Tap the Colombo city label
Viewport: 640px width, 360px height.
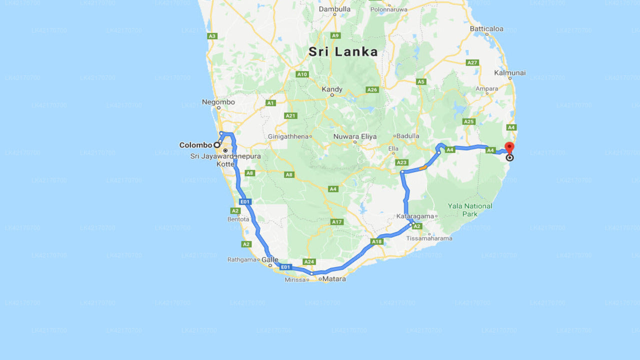[x=195, y=145]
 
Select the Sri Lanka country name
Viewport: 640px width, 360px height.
[x=343, y=51]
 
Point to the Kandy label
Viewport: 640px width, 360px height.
[x=332, y=89]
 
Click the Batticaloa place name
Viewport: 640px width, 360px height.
[x=486, y=28]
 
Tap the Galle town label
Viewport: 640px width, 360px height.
[x=269, y=259]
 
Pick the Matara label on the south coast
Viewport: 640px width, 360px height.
[x=334, y=278]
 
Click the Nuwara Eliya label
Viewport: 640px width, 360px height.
[x=355, y=136]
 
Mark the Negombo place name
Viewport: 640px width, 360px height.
[x=218, y=102]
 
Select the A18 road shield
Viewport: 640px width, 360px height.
[x=377, y=241]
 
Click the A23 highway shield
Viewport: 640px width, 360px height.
[x=401, y=162]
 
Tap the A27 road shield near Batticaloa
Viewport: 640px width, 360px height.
[x=472, y=62]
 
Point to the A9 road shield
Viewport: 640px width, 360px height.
[x=335, y=35]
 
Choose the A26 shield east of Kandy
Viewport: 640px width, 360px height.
[x=372, y=89]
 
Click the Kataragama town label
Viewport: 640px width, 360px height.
[x=416, y=216]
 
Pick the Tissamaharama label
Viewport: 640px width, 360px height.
[x=429, y=238]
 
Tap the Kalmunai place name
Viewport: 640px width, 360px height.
[x=510, y=72]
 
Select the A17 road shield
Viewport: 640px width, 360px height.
[x=336, y=221]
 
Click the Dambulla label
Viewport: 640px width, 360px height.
[x=334, y=9]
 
